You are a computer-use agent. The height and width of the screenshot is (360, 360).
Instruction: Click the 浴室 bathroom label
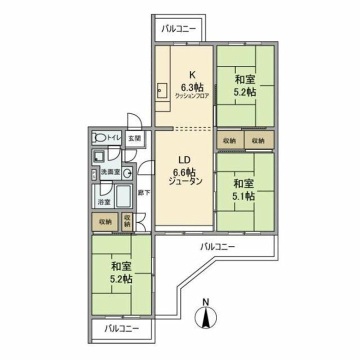pos(104,202)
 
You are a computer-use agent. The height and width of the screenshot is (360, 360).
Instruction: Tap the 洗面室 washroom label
pos(110,171)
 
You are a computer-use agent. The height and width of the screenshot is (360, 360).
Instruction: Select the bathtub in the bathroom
pos(122,197)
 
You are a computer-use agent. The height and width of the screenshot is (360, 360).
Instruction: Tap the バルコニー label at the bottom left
pos(121,329)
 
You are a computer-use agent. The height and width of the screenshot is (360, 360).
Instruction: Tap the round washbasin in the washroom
pos(127,173)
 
